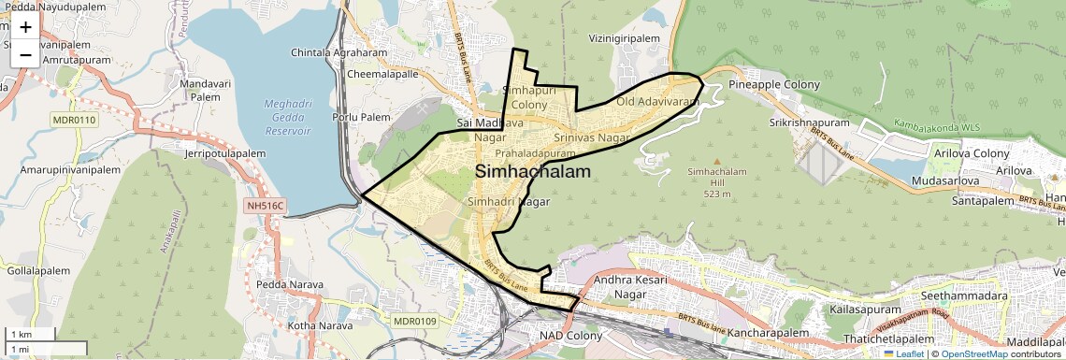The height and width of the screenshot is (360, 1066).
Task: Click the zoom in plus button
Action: [x=25, y=27]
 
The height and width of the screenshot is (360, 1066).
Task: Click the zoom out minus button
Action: [x=25, y=54]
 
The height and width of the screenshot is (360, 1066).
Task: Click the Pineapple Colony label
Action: [x=773, y=85]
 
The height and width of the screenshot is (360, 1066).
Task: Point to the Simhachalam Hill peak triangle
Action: [x=717, y=160]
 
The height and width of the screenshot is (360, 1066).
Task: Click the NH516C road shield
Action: [x=265, y=206]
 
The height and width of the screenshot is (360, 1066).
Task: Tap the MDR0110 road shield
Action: [x=73, y=121]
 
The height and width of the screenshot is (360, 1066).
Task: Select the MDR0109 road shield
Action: [x=416, y=322]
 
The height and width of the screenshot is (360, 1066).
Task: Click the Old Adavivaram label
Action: [x=657, y=101]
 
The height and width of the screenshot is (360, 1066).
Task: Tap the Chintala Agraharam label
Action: [x=339, y=52]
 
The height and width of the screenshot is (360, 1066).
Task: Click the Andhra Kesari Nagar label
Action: [x=628, y=287]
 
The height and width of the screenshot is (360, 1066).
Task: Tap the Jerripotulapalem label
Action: [x=233, y=152]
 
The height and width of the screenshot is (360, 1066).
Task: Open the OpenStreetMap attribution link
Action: [x=974, y=354]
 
